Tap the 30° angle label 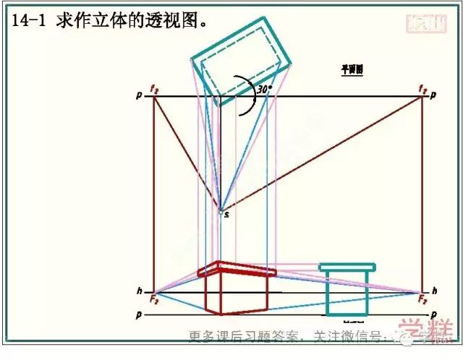(265, 89)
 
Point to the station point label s (227, 215)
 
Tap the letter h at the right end (435, 291)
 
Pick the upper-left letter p (139, 95)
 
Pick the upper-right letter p (433, 95)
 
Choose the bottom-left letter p (139, 315)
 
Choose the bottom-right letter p (433, 315)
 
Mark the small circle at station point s (221, 212)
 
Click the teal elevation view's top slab (347, 267)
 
